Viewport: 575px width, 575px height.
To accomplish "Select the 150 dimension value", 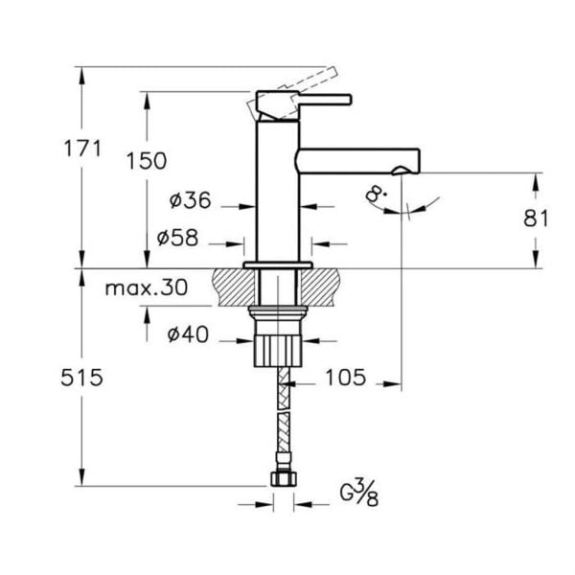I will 146,162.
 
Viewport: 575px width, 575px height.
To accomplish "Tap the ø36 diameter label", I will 190,201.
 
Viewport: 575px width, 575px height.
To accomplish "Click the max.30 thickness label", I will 146,288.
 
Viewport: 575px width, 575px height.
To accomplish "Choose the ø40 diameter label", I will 189,334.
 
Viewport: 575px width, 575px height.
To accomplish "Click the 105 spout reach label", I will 343,378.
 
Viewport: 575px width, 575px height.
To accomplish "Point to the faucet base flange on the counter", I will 279,264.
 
